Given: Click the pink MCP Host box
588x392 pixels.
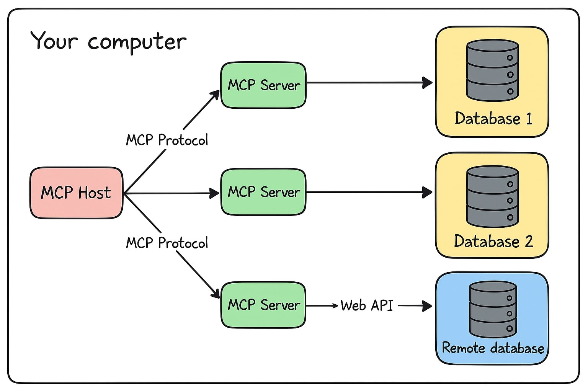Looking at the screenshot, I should pos(76,193).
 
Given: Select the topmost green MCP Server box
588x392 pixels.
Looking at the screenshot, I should pos(263,85).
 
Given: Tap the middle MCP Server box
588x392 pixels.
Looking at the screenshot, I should pos(263,192).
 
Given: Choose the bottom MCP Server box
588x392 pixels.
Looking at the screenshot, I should pos(263,305).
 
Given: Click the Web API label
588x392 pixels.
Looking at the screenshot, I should pos(367,305).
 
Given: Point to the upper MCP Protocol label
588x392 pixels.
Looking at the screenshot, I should pos(167,140).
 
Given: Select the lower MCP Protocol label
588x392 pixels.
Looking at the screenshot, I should pos(167,243).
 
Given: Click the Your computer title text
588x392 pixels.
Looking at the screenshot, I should pos(108,41).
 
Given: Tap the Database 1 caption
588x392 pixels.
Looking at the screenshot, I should pos(493,118).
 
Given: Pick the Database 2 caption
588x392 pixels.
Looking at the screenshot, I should pos(493,241).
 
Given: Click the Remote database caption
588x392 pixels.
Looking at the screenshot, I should pos(493,348).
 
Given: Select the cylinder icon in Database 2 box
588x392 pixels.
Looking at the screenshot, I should pos(492,196).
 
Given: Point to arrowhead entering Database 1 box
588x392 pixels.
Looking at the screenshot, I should pos(427,82).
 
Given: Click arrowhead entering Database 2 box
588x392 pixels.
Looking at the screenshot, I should pos(427,192).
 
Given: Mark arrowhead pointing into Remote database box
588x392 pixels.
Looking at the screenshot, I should pos(427,305).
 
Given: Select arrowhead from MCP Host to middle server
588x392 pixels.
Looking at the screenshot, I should pos(215,193).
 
